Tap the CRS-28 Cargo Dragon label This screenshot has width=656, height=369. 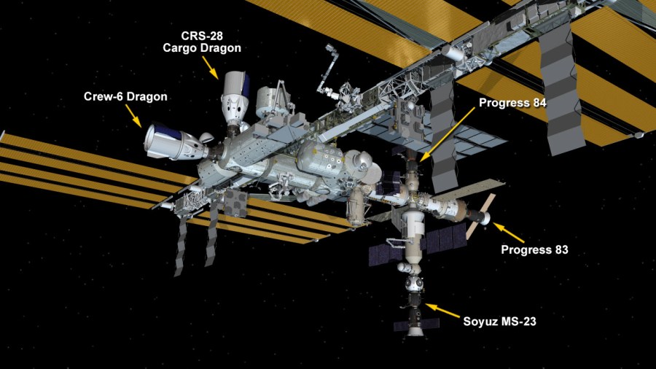coord(201,42)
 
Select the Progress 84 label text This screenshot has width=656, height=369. coord(512,103)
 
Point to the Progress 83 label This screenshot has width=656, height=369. coord(534,250)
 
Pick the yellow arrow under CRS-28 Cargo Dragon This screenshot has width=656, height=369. coord(211,66)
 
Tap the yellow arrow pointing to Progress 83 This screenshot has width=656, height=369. coord(509,233)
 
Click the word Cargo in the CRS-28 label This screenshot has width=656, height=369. coord(182,48)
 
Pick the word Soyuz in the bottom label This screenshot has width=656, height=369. coord(480,320)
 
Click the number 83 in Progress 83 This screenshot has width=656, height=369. coord(560,250)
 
